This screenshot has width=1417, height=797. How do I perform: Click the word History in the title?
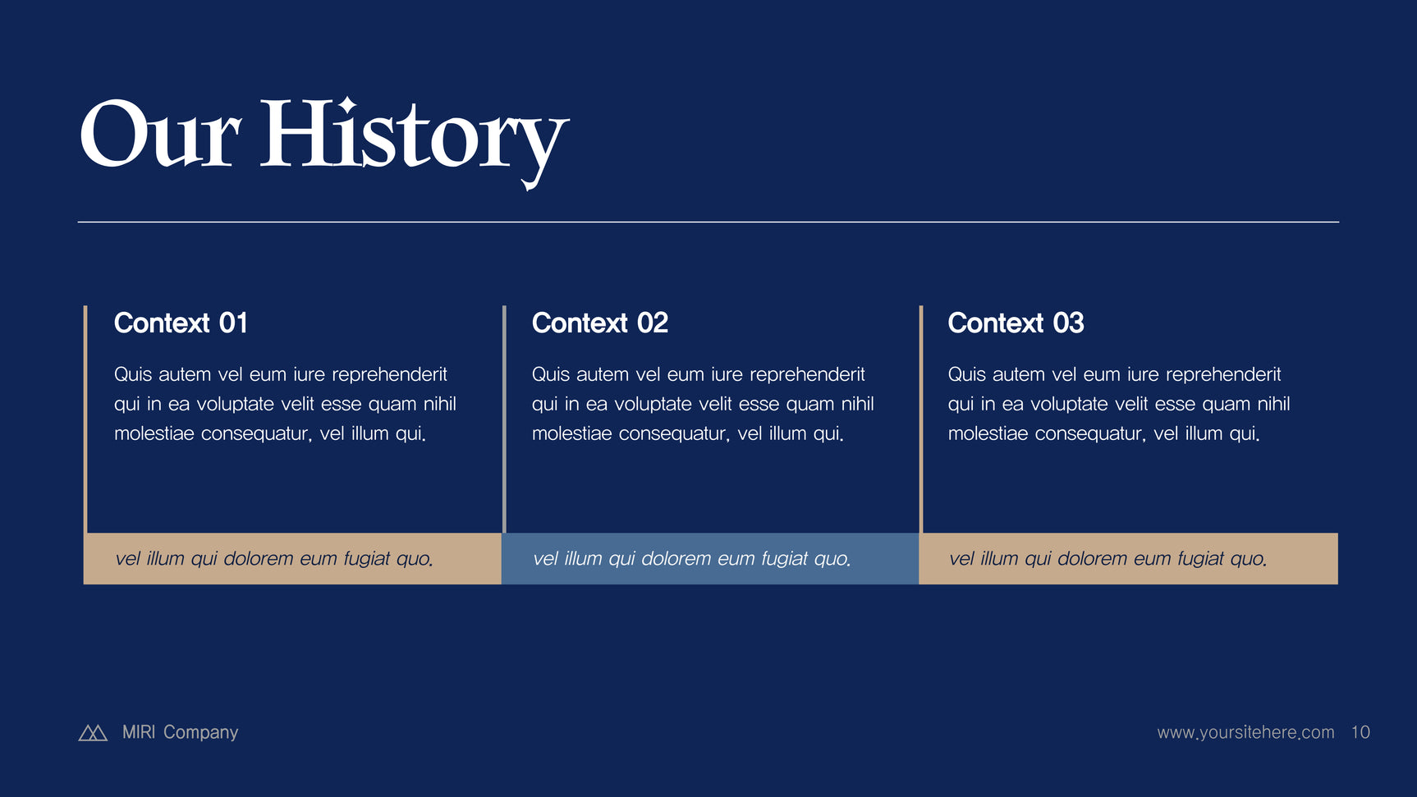coord(414,140)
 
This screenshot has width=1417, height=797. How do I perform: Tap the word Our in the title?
coord(160,134)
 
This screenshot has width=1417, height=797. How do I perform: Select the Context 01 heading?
coord(181,323)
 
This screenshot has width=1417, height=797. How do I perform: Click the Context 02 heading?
coord(600,323)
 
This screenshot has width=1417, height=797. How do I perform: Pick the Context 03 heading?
coord(1016,323)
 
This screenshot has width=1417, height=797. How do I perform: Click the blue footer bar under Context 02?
coord(710,558)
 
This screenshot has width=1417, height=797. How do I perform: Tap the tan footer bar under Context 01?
coord(292,558)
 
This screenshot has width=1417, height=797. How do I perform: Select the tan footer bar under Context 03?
coord(1129,558)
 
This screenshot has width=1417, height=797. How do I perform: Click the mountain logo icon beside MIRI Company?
coord(93,732)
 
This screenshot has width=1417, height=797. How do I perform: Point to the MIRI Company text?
coord(180,732)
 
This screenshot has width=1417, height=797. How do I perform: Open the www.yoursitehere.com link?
coord(1245,732)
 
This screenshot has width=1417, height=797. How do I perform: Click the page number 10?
coord(1360,732)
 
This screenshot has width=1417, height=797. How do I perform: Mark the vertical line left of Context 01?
coord(85,419)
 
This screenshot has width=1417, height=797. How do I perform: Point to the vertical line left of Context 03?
coord(921,419)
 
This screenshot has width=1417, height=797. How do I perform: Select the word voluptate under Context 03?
coord(1062,405)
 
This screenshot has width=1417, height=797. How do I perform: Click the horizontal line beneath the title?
coord(708,222)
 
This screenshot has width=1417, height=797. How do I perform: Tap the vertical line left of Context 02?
coord(504,419)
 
